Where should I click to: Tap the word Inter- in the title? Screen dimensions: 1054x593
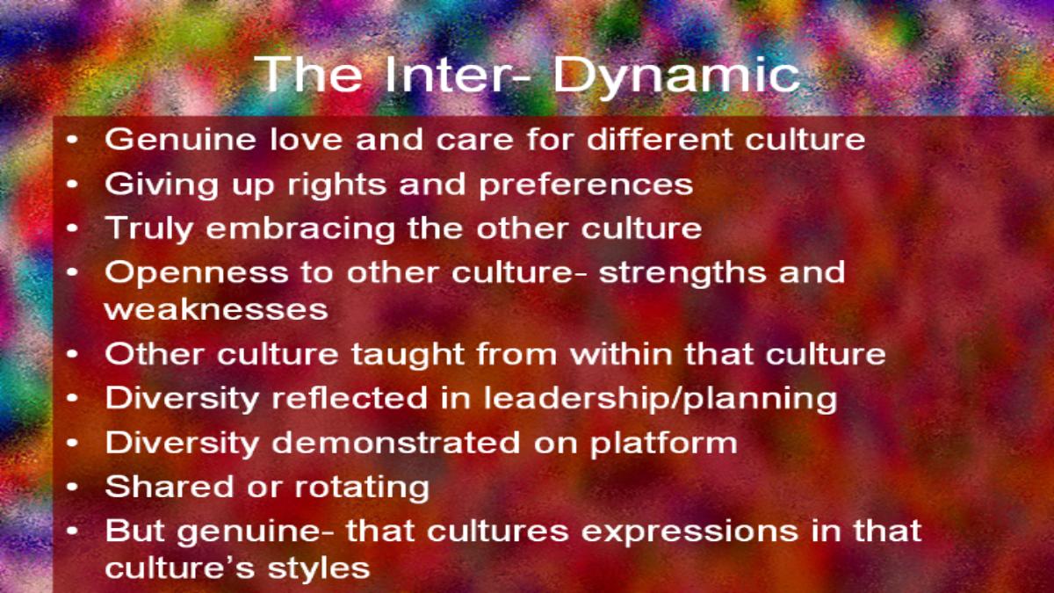[x=458, y=75]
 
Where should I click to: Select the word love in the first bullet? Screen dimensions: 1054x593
[x=307, y=139]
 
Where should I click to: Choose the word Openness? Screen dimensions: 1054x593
[x=196, y=274]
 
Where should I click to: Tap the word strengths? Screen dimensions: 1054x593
[x=682, y=274]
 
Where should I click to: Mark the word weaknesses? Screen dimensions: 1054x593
[x=216, y=309]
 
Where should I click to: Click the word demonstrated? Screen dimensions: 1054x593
[x=396, y=443]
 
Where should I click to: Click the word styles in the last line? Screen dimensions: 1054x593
[x=319, y=568]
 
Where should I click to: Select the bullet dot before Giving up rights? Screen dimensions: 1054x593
[x=72, y=184]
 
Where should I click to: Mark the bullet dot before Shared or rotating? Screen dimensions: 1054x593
[x=72, y=487]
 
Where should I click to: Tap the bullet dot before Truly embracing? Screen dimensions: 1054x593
[x=72, y=228]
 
